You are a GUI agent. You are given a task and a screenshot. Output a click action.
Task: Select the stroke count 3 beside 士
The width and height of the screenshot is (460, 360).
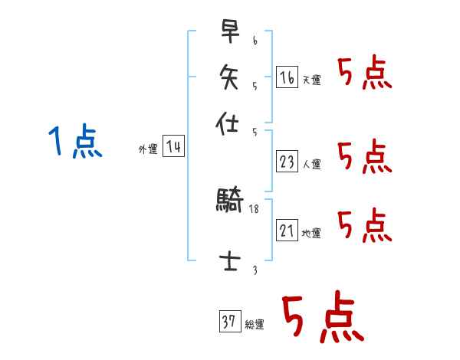(x=254, y=270)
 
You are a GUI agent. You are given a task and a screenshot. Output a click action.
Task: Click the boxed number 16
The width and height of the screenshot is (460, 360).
(x=287, y=77)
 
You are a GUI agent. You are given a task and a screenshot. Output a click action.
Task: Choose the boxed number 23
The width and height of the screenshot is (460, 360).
(x=287, y=162)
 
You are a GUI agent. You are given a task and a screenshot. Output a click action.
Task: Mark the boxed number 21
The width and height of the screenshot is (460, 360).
(x=287, y=231)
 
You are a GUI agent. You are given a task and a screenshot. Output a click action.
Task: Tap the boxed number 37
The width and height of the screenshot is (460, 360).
(x=229, y=322)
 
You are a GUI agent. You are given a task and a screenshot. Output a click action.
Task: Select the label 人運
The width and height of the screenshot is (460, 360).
(x=312, y=164)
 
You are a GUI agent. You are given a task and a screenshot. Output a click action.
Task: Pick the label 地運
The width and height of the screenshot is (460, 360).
(x=312, y=233)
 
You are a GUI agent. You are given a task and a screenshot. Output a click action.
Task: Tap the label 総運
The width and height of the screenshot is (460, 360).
(x=255, y=325)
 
